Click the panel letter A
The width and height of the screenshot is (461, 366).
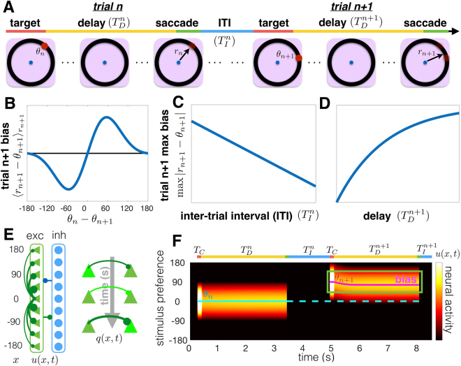(6, 8)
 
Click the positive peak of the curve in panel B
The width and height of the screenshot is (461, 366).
(105, 117)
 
